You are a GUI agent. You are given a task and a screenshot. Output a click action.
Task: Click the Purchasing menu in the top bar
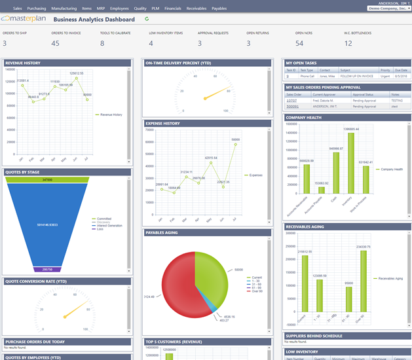[37, 9]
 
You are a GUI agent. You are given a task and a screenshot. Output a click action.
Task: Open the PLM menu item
[157, 9]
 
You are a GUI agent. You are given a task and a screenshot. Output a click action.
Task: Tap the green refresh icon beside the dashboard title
[147, 20]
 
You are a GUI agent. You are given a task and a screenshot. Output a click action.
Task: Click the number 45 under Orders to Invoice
[55, 43]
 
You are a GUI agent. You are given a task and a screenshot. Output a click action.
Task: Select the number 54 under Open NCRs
[299, 43]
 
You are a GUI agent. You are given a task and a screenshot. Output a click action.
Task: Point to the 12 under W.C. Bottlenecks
[348, 43]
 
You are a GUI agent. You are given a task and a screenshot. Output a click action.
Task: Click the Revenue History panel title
[23, 63]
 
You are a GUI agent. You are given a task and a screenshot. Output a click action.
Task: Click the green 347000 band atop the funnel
[47, 179]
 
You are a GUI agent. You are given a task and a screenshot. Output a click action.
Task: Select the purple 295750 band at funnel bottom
[47, 269]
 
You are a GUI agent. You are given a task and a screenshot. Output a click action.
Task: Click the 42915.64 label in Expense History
[211, 158]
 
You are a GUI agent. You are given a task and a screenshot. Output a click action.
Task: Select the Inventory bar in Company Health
[350, 164]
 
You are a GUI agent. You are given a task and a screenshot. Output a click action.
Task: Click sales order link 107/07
[291, 101]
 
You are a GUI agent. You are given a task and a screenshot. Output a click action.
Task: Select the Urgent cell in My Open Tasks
[385, 76]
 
